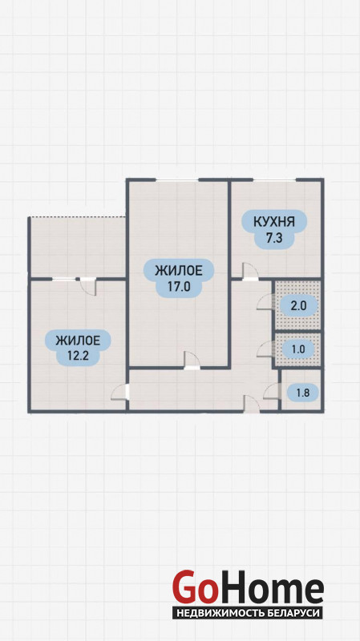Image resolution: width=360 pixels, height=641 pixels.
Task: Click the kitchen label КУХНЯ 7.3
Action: click(274, 229)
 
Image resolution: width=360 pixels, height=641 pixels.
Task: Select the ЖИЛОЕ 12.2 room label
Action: click(78, 347)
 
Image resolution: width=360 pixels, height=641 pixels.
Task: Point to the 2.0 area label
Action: click(297, 305)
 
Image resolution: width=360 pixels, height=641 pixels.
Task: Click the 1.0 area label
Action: click(298, 349)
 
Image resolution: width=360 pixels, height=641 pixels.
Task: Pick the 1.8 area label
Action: click(303, 393)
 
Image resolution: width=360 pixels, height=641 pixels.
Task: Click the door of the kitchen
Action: click(249, 272)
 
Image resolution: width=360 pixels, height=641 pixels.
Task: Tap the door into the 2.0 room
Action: click(265, 303)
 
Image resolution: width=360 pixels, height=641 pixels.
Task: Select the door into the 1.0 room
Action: click(265, 349)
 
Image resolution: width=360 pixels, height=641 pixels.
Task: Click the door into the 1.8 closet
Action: click(271, 392)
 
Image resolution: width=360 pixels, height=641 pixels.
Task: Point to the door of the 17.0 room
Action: click(192, 360)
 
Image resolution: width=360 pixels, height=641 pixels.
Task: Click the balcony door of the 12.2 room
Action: click(88, 286)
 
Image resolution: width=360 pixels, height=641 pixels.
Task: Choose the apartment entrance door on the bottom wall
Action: click(252, 403)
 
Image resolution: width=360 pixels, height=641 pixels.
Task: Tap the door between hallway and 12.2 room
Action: click(119, 392)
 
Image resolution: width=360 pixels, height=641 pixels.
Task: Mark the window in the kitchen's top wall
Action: click(274, 179)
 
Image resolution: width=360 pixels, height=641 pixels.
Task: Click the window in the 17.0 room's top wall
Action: click(177, 179)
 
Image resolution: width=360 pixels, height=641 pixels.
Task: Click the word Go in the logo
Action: click(194, 587)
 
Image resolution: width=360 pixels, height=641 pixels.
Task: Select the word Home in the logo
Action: click(270, 587)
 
